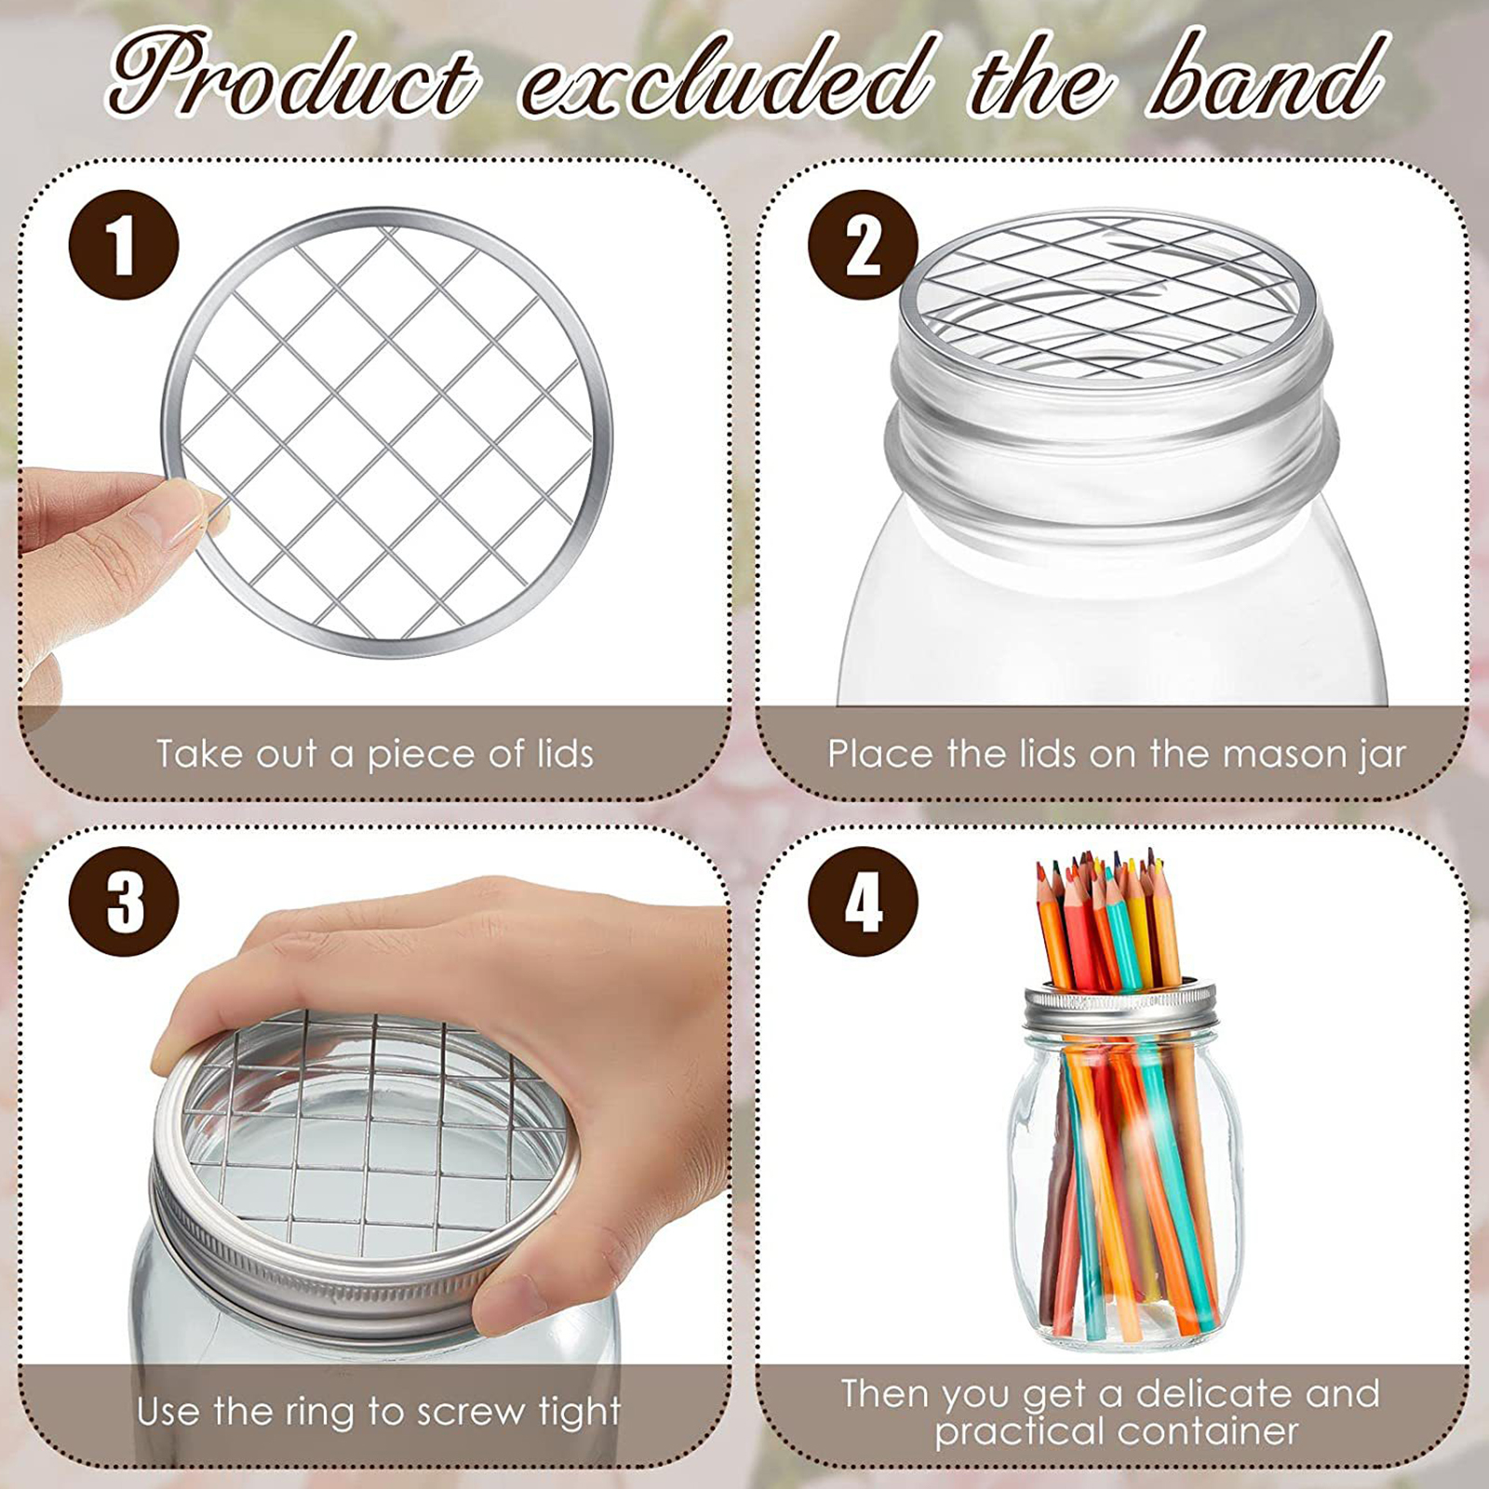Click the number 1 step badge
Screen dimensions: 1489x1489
pos(124,245)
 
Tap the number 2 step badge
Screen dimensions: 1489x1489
pos(863,245)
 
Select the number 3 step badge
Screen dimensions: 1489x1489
pos(124,901)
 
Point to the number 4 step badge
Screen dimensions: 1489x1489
pos(863,901)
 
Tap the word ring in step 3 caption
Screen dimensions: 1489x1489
pos(321,1412)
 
